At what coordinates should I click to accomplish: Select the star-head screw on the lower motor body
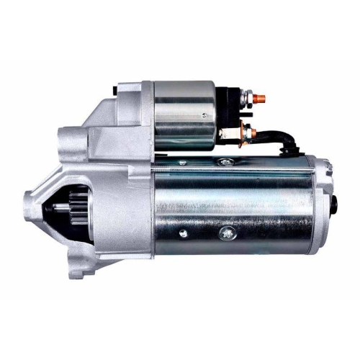tap(228, 232)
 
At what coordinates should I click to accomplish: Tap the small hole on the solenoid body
tap(204, 112)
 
